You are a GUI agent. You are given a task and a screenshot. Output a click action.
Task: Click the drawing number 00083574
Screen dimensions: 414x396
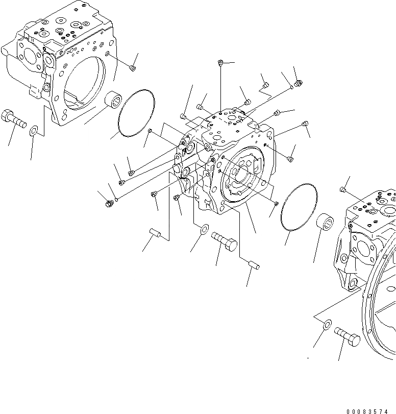(x=370, y=410)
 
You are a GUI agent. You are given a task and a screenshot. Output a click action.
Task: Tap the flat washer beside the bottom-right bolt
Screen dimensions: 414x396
(x=327, y=323)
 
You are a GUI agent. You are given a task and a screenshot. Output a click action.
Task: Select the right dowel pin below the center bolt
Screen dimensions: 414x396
(x=254, y=264)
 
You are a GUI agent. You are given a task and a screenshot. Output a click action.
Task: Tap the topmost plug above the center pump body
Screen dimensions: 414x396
(x=219, y=63)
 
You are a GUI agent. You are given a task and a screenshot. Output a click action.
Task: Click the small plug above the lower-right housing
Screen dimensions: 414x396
(x=343, y=190)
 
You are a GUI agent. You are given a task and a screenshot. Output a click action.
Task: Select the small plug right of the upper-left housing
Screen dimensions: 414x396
(x=132, y=67)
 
